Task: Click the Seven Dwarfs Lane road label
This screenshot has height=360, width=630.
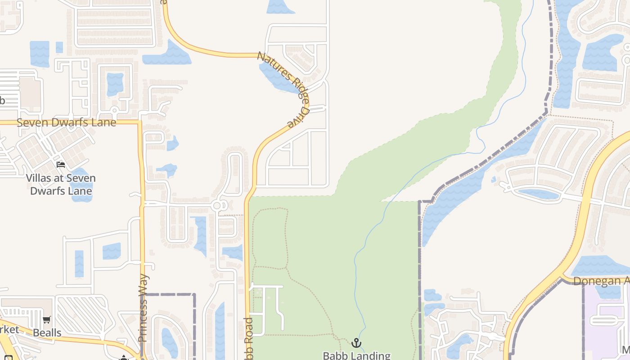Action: pos(66,122)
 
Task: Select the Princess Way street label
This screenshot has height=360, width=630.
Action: pos(143,308)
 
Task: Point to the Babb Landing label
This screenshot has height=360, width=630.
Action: pos(356,355)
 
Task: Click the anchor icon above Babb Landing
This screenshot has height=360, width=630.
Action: pos(356,343)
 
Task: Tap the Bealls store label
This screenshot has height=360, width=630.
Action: pos(47,333)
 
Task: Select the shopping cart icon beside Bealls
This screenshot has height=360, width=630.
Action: pos(47,320)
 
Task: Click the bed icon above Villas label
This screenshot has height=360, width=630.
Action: pos(61,165)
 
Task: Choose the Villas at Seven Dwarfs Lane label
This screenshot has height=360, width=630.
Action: pos(61,184)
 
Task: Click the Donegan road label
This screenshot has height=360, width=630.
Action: pos(601,281)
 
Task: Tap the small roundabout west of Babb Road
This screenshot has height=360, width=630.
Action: pos(217,206)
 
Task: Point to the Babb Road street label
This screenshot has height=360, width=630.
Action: pos(248,337)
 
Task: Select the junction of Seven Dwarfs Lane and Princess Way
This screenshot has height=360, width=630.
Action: pos(140,122)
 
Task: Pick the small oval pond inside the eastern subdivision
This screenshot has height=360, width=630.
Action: pos(538,194)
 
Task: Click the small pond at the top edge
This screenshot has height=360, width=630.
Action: pos(280,6)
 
